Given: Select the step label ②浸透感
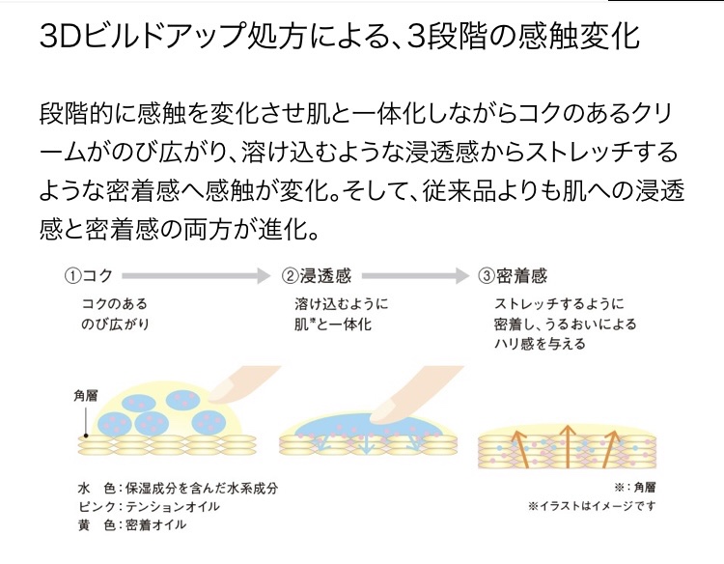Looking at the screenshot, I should (318, 275).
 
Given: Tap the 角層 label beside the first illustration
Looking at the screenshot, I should (85, 395).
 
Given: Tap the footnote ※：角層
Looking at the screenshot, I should (633, 488).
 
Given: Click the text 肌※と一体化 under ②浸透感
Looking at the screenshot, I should (333, 324).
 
